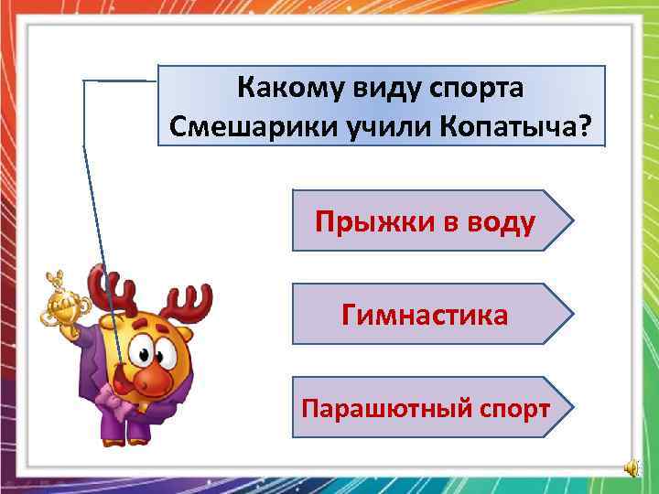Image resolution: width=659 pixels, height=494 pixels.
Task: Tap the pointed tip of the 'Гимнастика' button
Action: click(573, 314)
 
